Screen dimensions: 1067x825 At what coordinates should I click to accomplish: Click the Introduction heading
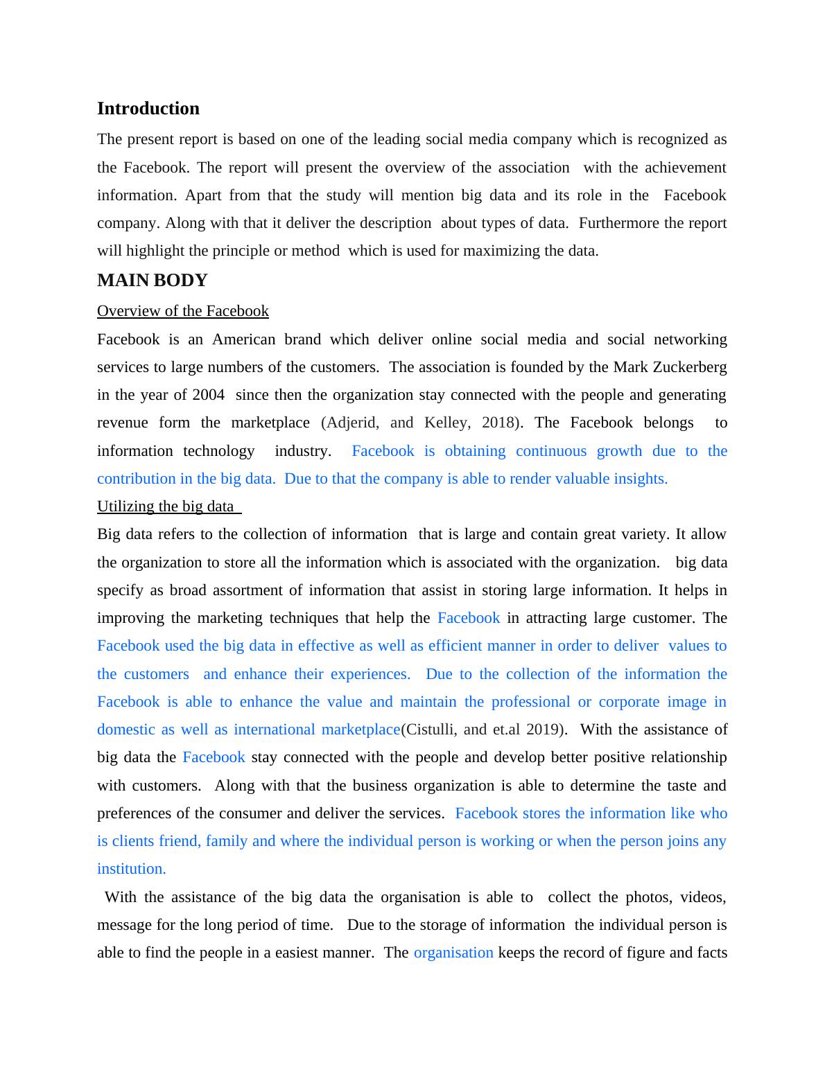pos(148,109)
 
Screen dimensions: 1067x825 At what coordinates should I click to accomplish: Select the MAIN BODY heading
pos(152,281)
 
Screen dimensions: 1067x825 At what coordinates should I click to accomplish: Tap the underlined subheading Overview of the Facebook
pos(182,311)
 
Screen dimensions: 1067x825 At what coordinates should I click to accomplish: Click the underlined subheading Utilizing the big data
pos(166,506)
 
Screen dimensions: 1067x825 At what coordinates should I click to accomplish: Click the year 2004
pos(208,395)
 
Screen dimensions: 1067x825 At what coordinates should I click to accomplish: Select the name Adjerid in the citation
pos(352,423)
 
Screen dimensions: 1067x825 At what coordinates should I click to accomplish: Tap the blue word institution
pos(131,869)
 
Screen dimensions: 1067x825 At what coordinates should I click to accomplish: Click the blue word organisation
pos(453,953)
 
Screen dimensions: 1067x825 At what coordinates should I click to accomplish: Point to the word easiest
pos(299,953)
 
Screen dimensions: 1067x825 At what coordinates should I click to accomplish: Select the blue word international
pos(274,730)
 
